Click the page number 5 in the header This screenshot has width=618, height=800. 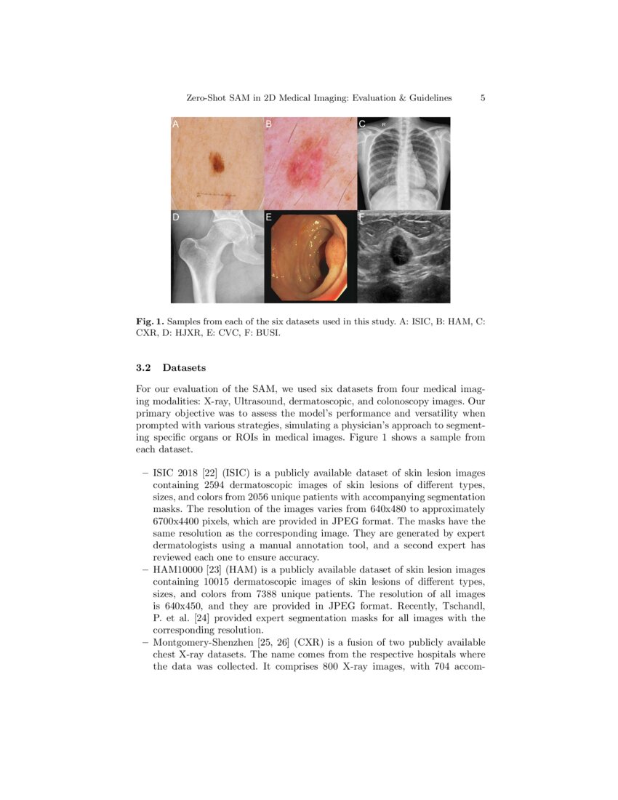[483, 98]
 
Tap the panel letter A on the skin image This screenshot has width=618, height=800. [175, 125]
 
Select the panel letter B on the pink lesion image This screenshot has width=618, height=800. [268, 125]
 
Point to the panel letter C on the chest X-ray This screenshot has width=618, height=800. [362, 125]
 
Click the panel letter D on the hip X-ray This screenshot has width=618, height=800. [175, 217]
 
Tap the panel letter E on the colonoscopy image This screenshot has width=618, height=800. [268, 217]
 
